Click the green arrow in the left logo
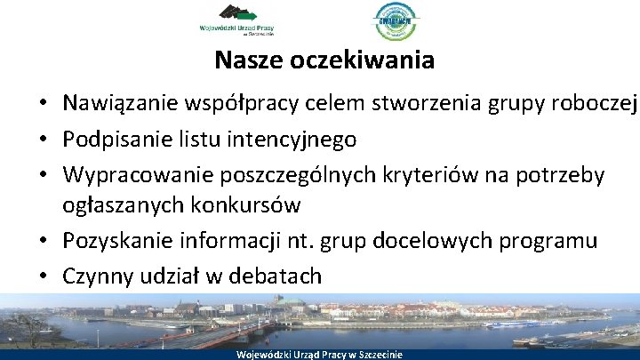249,15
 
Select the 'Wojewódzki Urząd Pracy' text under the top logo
236,29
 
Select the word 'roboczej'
595,104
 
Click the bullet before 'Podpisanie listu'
43,140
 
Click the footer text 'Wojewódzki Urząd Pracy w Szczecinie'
320,354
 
